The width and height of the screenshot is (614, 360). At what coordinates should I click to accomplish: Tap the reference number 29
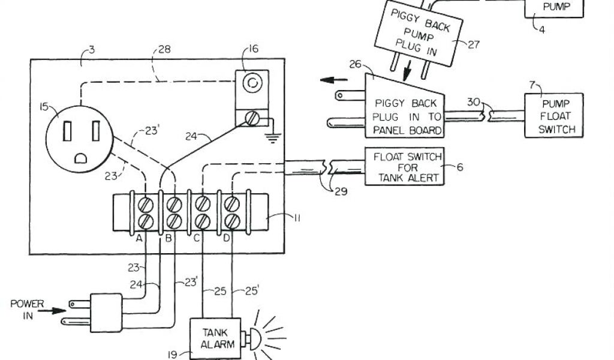pyautogui.click(x=340, y=192)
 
